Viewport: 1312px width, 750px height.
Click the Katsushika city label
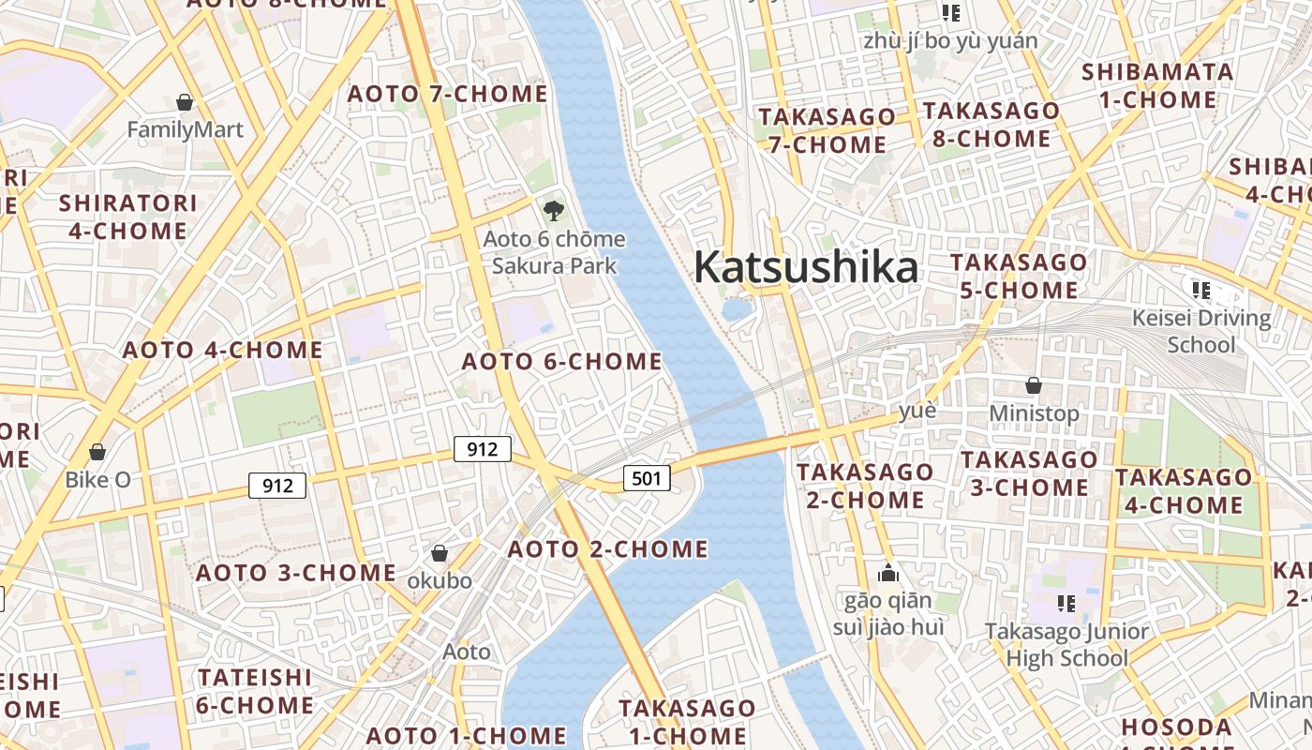(x=806, y=267)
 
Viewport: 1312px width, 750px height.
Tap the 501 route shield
(x=647, y=478)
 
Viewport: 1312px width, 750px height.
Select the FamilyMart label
(x=185, y=129)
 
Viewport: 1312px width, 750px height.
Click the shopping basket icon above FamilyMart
(x=185, y=101)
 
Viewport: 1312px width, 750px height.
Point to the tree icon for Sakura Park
(x=553, y=210)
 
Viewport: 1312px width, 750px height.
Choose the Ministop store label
(x=1034, y=412)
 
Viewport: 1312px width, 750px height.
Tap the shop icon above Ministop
(x=1034, y=385)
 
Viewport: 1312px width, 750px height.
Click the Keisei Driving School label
(x=1201, y=331)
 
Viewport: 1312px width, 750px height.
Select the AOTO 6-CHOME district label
(x=562, y=361)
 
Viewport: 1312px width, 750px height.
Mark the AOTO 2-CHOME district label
(x=607, y=548)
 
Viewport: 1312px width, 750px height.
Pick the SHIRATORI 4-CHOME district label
(x=127, y=217)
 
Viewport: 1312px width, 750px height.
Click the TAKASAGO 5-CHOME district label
(x=1019, y=276)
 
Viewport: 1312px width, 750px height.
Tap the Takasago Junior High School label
(x=1066, y=644)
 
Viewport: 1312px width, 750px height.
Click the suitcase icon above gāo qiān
(x=888, y=573)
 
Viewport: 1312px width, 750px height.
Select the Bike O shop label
(x=97, y=479)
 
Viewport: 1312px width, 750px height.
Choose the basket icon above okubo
(x=439, y=553)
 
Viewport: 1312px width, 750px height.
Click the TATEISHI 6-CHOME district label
(x=255, y=690)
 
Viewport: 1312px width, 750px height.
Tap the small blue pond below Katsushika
(x=737, y=308)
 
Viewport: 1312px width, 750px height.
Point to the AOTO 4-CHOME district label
(x=223, y=351)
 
